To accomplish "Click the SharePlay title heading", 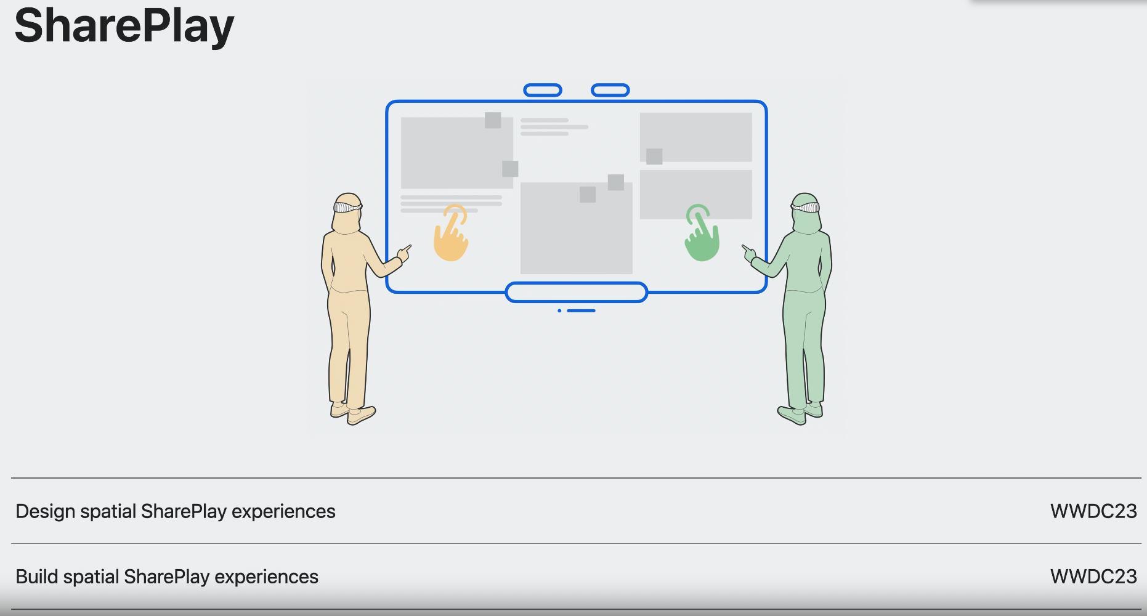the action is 124,26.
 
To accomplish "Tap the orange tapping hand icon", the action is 451,234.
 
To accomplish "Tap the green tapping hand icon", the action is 702,235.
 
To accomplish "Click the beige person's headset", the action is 347,207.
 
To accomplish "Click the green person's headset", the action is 805,207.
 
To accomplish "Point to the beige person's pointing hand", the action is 405,252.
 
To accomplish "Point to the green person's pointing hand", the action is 748,253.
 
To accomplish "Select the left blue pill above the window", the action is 543,91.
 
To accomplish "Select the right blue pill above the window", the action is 610,91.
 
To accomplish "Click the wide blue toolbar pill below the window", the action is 576,292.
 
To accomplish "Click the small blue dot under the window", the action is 559,310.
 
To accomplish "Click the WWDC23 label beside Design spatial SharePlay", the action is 1093,511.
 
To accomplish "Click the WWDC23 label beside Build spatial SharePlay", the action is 1093,577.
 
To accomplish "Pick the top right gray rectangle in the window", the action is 695,137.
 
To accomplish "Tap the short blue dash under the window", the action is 581,310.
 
